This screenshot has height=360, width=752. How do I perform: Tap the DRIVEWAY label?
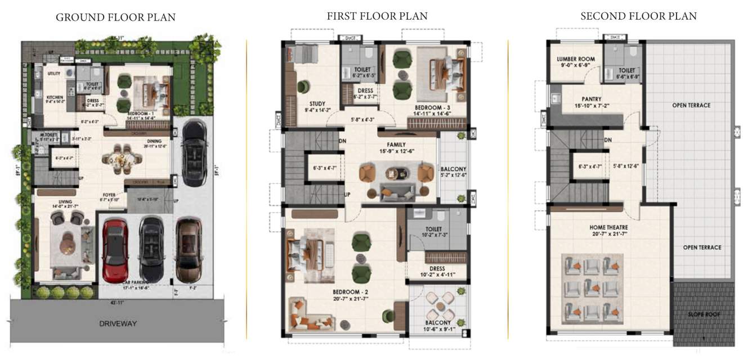coord(118,323)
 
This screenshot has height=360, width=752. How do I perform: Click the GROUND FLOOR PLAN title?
coord(115,17)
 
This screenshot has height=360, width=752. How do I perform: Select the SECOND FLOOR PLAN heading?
coord(638,16)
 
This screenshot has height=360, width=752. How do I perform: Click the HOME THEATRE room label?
coord(608,227)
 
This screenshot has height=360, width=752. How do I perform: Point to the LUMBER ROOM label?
coord(576,59)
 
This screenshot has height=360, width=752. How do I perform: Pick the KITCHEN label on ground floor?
coord(55,97)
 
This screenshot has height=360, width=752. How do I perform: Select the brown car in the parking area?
coord(189,249)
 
